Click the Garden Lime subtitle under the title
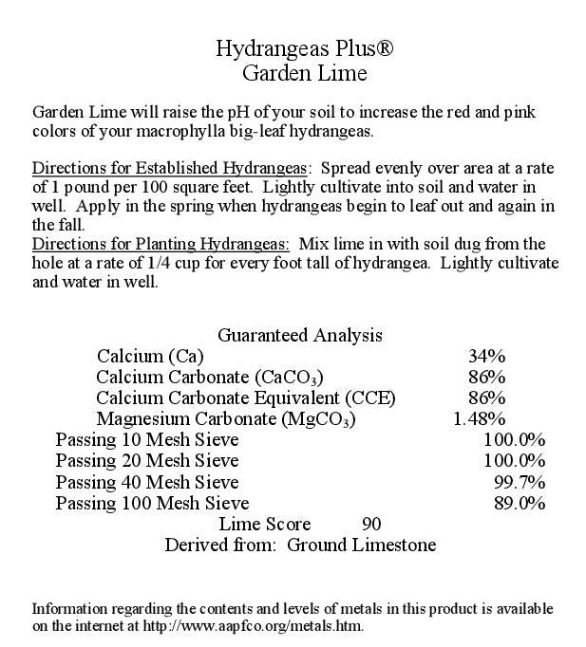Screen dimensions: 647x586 click(293, 73)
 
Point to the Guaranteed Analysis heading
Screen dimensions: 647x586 click(300, 335)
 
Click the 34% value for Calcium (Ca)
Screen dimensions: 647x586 click(486, 357)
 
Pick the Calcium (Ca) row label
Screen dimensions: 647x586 click(147, 357)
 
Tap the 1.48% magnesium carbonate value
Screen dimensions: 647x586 click(480, 418)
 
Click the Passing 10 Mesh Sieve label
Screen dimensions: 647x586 click(147, 440)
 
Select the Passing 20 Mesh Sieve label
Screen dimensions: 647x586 click(147, 461)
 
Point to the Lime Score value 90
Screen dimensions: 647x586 click(371, 524)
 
